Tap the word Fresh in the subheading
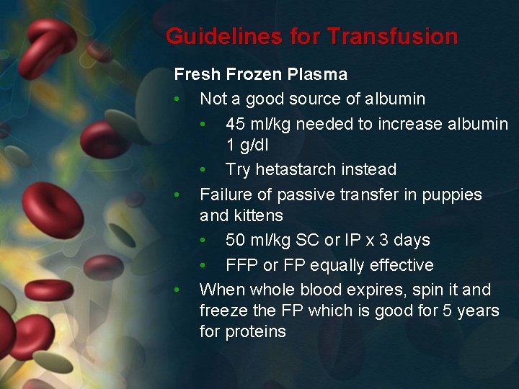[197, 74]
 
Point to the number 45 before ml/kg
[236, 124]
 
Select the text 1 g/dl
[247, 145]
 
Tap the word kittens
[257, 215]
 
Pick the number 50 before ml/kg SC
[236, 240]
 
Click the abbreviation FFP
[241, 265]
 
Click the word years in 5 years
[477, 310]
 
